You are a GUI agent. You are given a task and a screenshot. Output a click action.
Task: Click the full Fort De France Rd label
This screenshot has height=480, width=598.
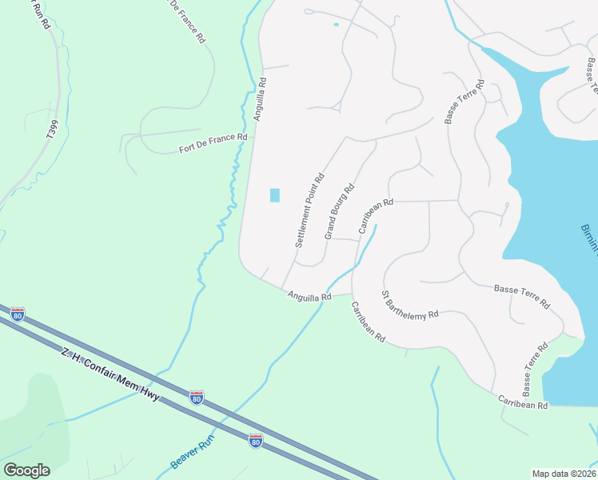(x=213, y=143)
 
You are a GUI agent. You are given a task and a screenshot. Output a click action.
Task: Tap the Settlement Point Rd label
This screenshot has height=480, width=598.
(x=309, y=210)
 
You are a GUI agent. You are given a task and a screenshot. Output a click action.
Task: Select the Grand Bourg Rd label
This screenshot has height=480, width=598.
(x=340, y=212)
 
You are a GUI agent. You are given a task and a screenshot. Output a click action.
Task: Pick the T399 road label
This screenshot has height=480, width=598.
(x=52, y=129)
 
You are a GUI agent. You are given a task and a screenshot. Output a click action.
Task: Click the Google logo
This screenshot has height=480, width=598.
(x=26, y=470)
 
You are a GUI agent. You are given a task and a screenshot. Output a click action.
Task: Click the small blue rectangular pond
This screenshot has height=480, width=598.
(x=275, y=195)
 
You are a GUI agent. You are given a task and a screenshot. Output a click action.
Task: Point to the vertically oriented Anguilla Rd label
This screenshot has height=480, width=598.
(x=260, y=98)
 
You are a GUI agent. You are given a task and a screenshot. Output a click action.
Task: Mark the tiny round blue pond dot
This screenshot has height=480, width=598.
(x=336, y=24)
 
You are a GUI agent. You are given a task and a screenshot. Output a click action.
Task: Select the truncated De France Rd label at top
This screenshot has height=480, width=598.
(x=187, y=21)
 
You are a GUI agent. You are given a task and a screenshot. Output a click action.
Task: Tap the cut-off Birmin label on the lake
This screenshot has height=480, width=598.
(x=589, y=239)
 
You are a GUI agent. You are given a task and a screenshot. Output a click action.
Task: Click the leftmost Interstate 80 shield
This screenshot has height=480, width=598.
(x=18, y=314)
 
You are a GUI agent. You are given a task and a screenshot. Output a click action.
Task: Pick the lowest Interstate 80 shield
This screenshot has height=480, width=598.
(x=255, y=441)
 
